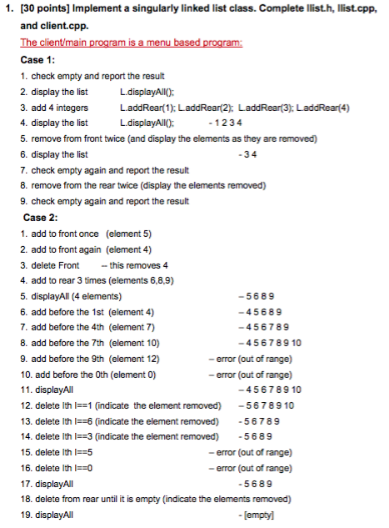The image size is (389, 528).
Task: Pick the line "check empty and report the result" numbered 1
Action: (x=93, y=77)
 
